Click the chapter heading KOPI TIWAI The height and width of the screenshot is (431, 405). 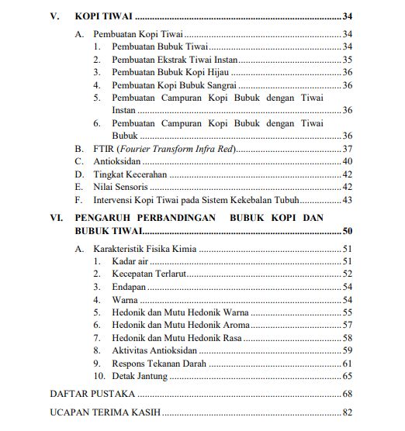pyautogui.click(x=103, y=16)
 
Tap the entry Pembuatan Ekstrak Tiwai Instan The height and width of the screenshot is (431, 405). pyautogui.click(x=175, y=59)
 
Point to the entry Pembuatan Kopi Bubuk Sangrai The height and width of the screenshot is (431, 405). pyautogui.click(x=168, y=84)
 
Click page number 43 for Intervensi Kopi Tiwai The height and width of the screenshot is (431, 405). pyautogui.click(x=347, y=200)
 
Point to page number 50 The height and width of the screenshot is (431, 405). pyautogui.click(x=347, y=231)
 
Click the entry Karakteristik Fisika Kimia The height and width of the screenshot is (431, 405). pyautogui.click(x=144, y=249)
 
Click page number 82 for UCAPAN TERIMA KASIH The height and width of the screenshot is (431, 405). pyautogui.click(x=347, y=412)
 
